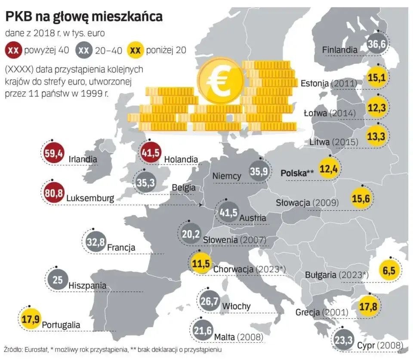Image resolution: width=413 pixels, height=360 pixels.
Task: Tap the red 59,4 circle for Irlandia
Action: point(55,153)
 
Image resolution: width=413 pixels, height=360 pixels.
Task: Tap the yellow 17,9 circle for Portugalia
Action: point(31,319)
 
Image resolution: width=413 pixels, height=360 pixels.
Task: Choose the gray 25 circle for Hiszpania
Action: point(58,280)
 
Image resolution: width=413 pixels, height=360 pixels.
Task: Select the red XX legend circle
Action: point(14,50)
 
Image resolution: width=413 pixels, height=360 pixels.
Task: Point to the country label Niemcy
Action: point(227,176)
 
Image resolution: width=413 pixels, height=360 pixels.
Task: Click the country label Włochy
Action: point(236,306)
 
